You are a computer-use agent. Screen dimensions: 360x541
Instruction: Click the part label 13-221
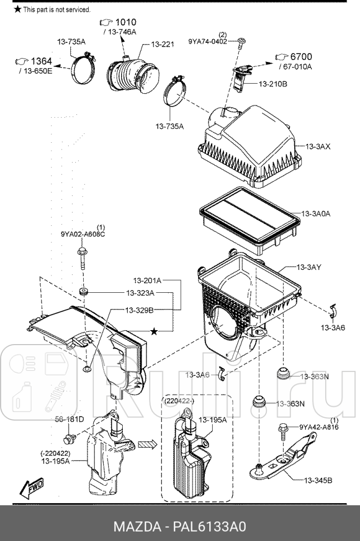click(163, 44)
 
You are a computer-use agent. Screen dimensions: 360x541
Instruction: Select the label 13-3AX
click(318, 146)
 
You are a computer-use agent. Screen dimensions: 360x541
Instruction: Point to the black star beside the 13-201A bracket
click(154, 331)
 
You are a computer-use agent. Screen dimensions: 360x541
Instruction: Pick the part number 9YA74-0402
click(208, 42)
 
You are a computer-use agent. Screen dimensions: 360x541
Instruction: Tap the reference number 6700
click(301, 56)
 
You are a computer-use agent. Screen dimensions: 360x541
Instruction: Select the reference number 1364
click(41, 61)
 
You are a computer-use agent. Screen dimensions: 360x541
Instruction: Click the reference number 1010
click(125, 22)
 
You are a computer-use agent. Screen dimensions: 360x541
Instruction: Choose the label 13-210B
click(273, 84)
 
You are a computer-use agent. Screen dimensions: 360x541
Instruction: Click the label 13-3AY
click(309, 267)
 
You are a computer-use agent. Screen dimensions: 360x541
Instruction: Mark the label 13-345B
click(318, 480)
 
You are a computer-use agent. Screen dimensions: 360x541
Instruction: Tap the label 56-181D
click(69, 419)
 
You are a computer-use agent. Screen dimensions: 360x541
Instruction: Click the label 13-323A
click(140, 293)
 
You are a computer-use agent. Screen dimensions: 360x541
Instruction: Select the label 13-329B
click(139, 310)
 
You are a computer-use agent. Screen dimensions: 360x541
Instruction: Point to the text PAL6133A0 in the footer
click(209, 527)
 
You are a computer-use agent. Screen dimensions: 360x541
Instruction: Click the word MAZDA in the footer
click(137, 527)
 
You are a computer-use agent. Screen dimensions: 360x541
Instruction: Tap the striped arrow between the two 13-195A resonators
click(147, 445)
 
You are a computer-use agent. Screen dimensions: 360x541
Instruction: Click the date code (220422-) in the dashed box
click(178, 401)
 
